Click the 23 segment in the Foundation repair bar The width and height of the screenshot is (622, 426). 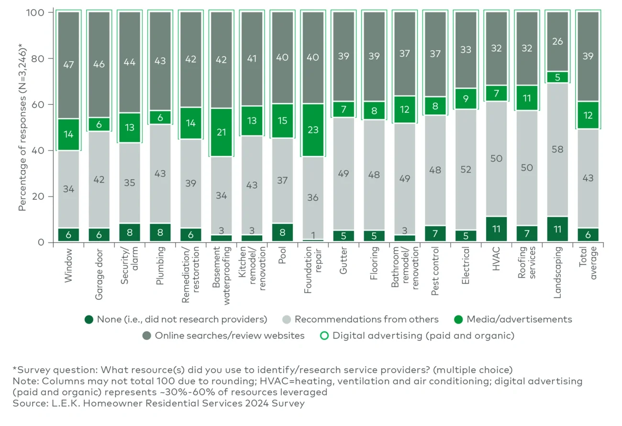313,130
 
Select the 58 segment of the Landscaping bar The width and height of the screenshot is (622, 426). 557,150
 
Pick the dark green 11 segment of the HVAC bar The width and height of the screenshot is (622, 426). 497,229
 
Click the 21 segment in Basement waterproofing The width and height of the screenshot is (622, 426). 222,132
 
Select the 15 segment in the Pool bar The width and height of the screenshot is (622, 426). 282,121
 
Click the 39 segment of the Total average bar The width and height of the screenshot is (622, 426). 588,56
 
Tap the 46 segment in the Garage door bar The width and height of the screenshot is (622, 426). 99,60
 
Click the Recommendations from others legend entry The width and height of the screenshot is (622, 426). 367,319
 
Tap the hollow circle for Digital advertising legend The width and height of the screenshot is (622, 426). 324,336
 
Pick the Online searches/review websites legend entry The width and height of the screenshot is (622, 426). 229,336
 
